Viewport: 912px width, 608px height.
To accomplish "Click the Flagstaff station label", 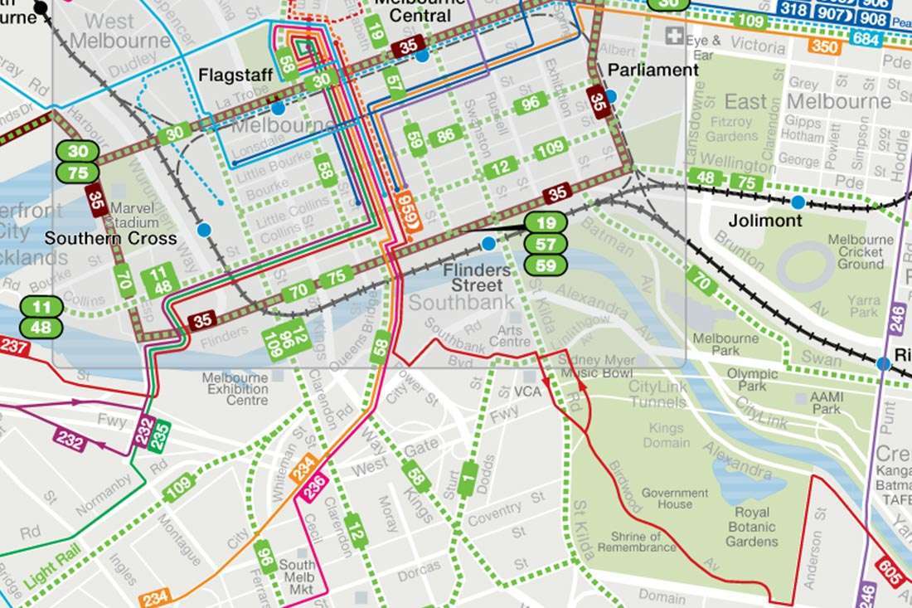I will click(x=236, y=75).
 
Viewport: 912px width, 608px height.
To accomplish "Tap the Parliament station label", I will click(x=653, y=71).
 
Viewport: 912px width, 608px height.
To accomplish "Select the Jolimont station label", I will click(x=765, y=221).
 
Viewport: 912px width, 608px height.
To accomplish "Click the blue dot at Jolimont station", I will click(x=798, y=202).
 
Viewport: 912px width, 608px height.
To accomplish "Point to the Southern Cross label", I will click(x=110, y=238).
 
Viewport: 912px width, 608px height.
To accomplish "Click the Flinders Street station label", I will click(x=477, y=278).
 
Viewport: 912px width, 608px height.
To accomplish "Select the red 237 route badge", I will click(x=14, y=348).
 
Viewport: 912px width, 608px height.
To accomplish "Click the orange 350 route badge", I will click(x=825, y=47).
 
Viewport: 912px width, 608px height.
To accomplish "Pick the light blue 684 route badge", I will click(x=866, y=38).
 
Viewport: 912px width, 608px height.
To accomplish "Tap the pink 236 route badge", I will click(x=313, y=486).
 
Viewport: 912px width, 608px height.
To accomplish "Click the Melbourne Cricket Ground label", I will click(x=861, y=251).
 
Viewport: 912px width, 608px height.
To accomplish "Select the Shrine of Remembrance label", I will click(x=637, y=542).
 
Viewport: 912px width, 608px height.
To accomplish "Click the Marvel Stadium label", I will click(x=133, y=215).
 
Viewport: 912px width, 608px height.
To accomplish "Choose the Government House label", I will click(x=675, y=498).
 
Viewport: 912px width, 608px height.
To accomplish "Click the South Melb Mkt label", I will click(x=298, y=576).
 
